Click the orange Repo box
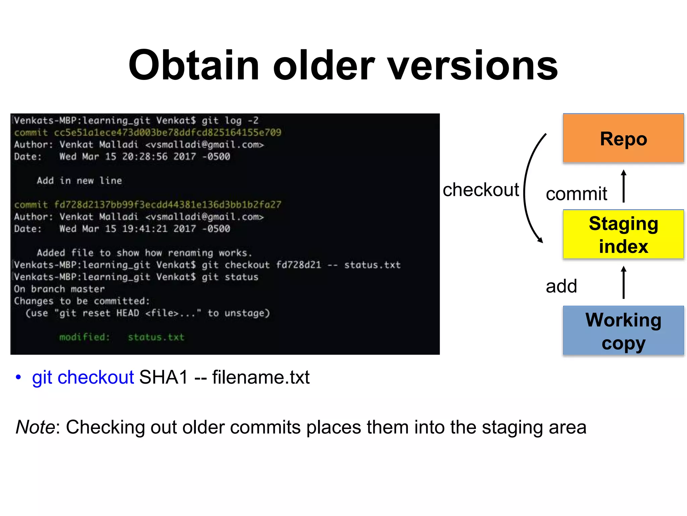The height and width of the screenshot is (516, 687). tap(623, 138)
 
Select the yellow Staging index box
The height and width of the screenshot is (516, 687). tap(623, 234)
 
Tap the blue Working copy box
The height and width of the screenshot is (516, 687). tap(623, 331)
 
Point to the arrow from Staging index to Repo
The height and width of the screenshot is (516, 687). tap(624, 186)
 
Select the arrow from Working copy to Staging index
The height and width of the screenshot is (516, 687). tap(624, 283)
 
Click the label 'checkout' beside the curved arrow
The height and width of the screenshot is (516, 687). tap(480, 190)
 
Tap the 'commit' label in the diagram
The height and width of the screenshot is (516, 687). tap(576, 194)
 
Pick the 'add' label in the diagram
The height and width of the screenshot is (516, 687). tap(561, 286)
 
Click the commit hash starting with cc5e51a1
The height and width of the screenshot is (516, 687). tap(167, 132)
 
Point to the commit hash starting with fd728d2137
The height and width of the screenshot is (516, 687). tap(167, 205)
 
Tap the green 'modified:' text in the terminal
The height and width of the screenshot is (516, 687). tap(85, 337)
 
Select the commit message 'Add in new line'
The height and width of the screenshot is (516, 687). tap(79, 181)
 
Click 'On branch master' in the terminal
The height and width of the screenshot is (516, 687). tap(59, 289)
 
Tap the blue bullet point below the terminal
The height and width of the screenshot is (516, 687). tap(18, 377)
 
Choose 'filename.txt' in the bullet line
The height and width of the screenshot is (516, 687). tap(261, 377)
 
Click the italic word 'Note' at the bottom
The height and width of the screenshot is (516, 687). tap(35, 427)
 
